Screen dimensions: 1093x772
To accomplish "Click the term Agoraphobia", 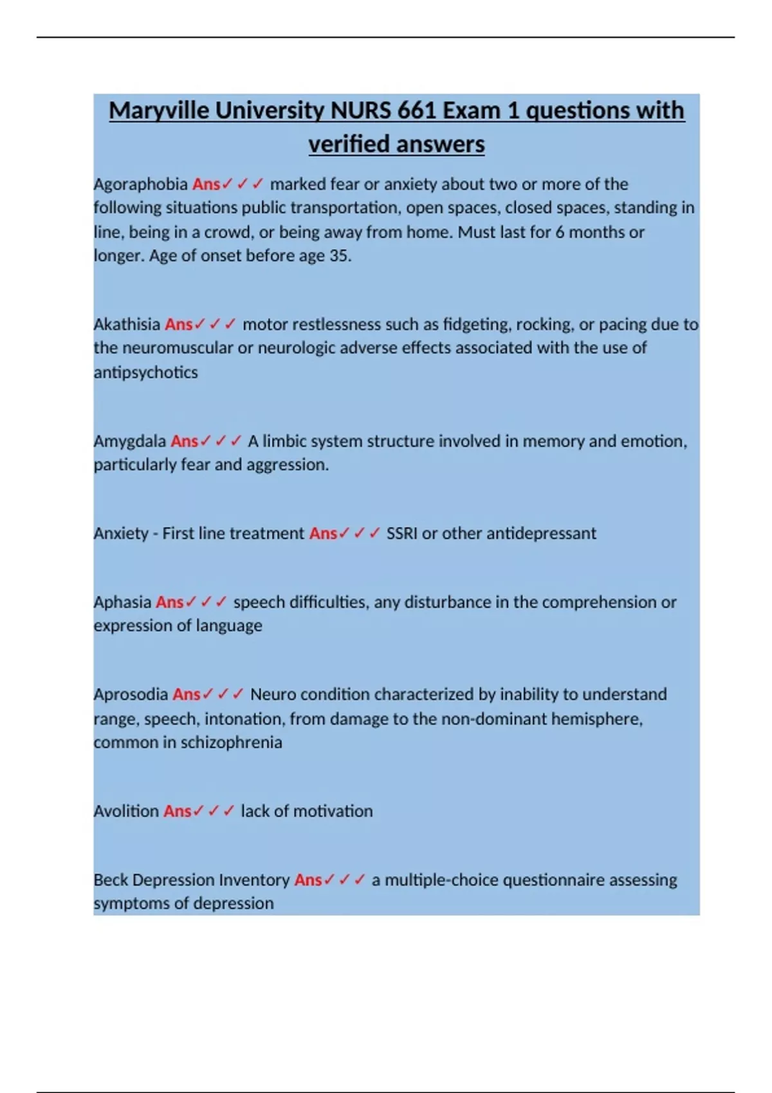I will coord(140,185).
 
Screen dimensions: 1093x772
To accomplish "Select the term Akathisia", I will coord(127,324).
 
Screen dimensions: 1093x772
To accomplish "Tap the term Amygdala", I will coord(129,442).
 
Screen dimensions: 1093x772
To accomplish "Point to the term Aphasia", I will coord(122,602).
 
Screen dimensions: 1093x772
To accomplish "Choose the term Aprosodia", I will coord(131,695).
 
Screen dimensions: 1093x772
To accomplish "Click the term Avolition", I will coord(126,811).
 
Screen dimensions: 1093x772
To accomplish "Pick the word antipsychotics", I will coord(145,372).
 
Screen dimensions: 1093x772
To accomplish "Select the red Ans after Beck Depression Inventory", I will coord(308,880).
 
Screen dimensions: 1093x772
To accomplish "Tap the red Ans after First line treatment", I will coord(322,534).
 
